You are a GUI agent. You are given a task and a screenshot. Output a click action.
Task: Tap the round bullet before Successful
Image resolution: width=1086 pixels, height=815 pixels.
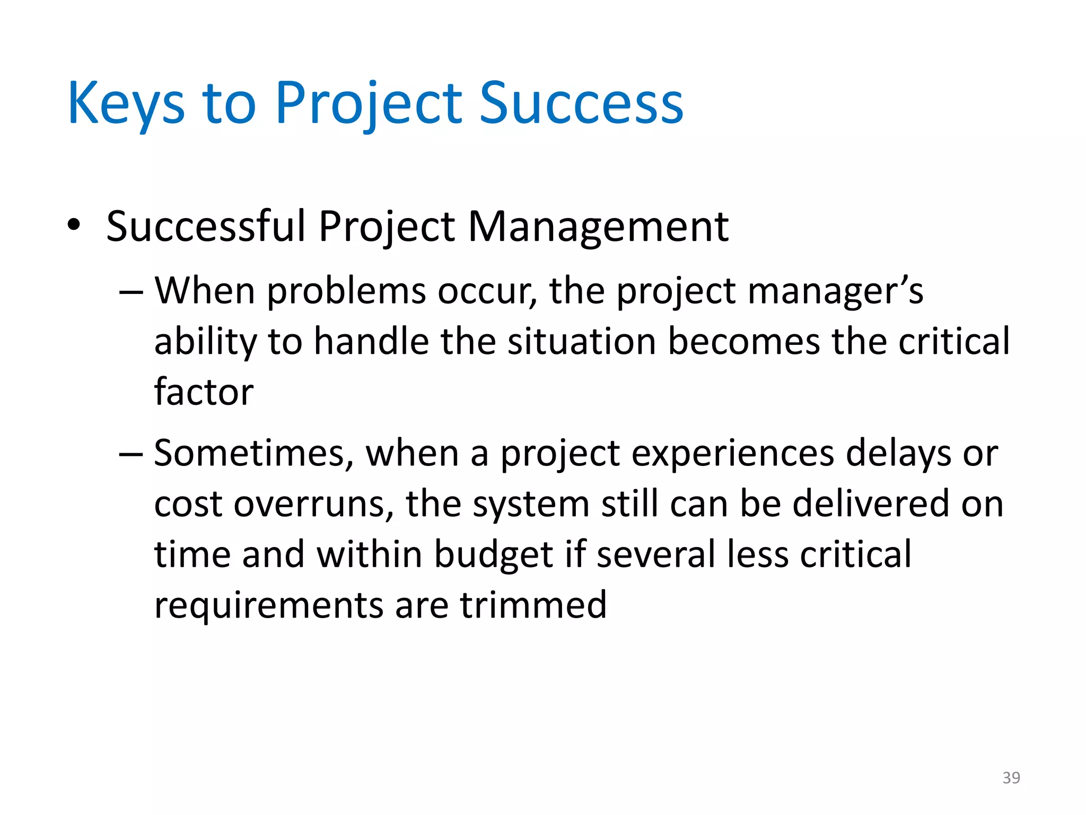74,225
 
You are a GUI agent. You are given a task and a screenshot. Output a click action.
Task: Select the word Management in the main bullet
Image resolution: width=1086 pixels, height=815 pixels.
598,227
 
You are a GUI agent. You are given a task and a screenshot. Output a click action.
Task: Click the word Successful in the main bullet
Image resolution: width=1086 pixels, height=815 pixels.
206,227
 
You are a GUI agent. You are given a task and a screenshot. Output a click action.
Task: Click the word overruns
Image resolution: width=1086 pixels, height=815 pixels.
314,504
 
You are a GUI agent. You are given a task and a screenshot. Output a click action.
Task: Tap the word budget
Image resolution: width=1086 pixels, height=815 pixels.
494,555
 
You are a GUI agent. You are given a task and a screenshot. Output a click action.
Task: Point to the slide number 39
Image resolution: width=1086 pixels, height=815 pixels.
1011,778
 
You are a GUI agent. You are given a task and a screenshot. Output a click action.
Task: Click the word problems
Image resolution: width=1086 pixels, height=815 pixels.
346,292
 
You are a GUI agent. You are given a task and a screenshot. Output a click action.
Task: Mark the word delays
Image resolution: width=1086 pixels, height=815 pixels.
898,454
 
